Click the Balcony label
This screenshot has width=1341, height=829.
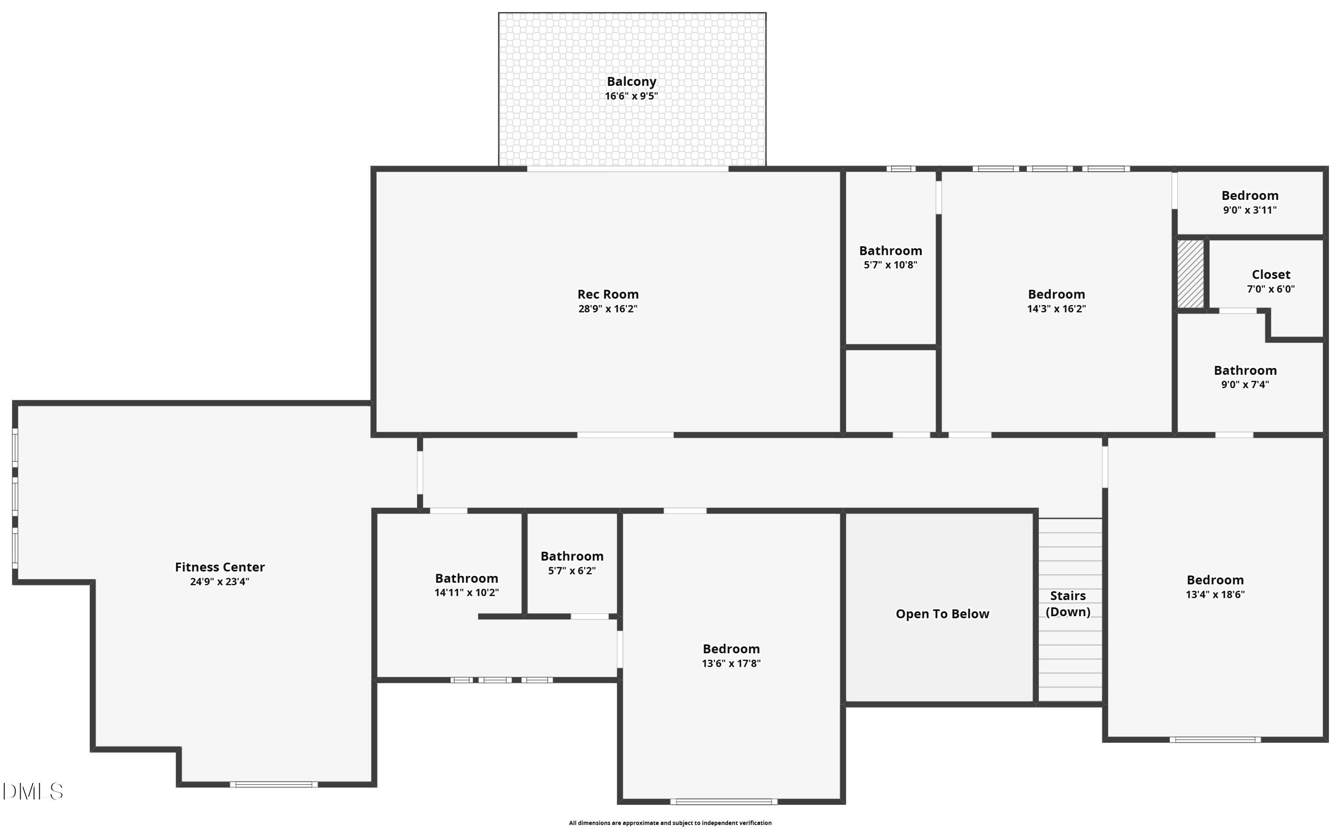[631, 82]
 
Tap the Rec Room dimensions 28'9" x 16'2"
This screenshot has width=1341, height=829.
[608, 309]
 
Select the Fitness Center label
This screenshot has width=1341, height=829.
[220, 567]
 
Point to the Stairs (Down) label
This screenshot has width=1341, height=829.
[1067, 604]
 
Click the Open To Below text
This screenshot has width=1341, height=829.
[942, 614]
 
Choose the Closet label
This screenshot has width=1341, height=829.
[1270, 275]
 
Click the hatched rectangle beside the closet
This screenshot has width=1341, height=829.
[1191, 274]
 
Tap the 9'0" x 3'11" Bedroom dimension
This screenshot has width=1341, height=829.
[1249, 210]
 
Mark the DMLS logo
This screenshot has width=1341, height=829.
[33, 791]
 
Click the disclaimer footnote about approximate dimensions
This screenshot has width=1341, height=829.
[670, 822]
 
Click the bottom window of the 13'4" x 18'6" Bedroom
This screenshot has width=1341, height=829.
[1215, 740]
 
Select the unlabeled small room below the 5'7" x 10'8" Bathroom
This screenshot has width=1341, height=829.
[890, 391]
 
